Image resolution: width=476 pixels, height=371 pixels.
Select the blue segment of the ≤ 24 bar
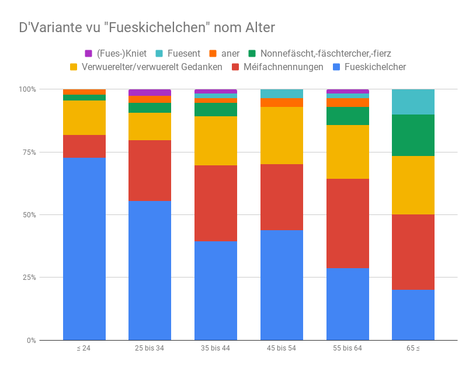coord(84,248)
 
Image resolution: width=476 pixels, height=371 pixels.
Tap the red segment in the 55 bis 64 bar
coord(348,223)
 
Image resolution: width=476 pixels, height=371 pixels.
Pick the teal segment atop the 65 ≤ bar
coord(413,102)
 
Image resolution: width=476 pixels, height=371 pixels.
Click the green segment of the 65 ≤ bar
coord(413,135)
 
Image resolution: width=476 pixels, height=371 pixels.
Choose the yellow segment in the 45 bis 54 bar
coord(282,136)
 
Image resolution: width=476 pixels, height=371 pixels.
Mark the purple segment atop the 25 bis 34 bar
coord(150,92)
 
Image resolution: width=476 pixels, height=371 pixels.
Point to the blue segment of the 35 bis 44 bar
coord(216,290)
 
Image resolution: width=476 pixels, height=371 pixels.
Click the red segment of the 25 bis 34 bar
coord(150,170)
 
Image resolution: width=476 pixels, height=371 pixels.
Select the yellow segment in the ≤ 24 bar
coord(84,117)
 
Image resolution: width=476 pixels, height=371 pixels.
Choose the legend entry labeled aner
coord(224,53)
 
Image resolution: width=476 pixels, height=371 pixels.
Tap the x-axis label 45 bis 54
coord(282,348)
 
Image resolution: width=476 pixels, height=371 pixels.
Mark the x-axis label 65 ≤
coord(413,348)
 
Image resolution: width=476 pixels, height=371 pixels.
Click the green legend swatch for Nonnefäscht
coord(252,53)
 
